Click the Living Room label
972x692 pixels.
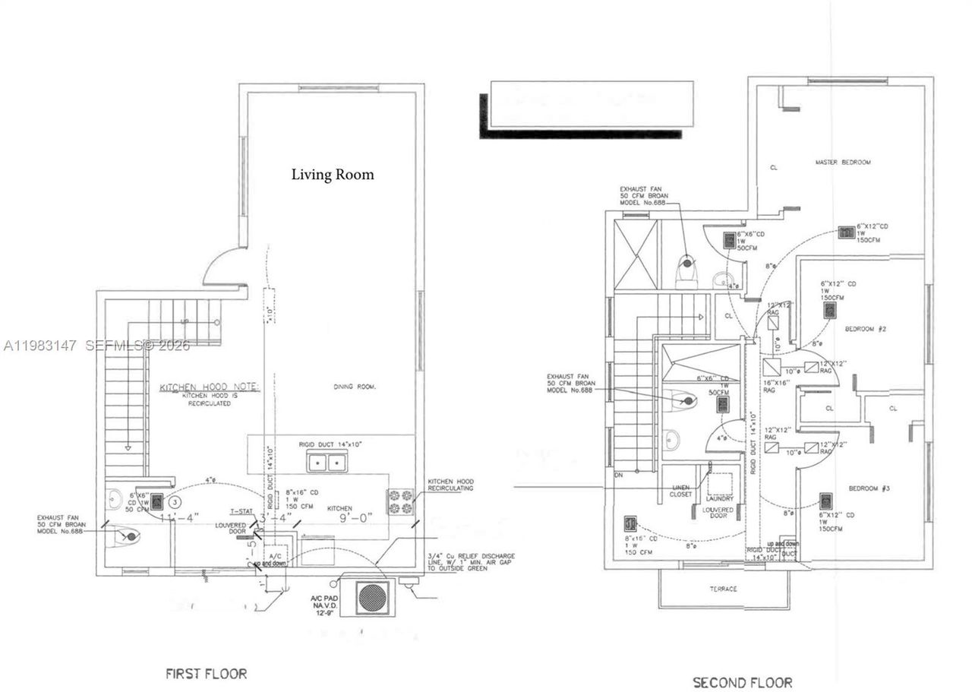(x=333, y=175)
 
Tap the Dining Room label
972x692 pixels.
(x=355, y=387)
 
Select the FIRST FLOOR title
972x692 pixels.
(x=206, y=673)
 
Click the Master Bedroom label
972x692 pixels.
(x=843, y=163)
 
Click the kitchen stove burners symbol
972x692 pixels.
(x=401, y=501)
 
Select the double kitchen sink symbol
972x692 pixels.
(x=327, y=460)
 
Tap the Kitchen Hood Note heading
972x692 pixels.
(x=209, y=387)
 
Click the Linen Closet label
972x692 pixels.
(x=680, y=490)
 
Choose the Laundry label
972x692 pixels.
(x=719, y=498)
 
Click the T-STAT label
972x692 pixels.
(x=241, y=511)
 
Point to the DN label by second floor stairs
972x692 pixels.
(x=620, y=476)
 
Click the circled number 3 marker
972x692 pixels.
(x=175, y=501)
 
